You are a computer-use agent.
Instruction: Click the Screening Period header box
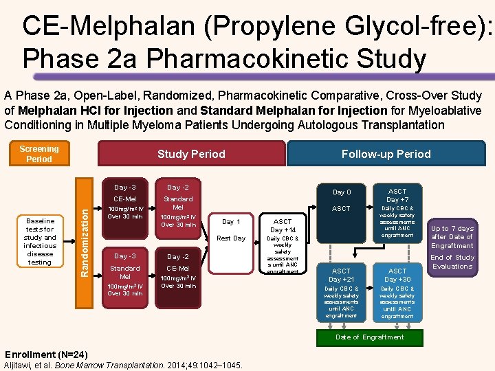click(x=39, y=154)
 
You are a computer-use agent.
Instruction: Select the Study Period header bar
click(x=191, y=154)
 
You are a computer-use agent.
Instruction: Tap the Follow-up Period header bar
click(x=386, y=154)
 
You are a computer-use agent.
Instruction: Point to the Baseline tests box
click(x=40, y=242)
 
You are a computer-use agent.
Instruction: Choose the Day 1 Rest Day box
click(x=231, y=230)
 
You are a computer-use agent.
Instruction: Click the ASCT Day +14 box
click(x=283, y=245)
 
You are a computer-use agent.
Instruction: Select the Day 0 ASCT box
click(x=341, y=201)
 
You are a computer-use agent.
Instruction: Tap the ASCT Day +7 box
click(x=397, y=214)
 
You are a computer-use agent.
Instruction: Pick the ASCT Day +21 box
click(x=341, y=292)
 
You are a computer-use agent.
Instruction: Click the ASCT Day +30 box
click(x=397, y=292)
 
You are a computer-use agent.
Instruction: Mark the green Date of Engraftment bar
click(x=369, y=337)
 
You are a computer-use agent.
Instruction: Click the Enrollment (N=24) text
click(x=46, y=355)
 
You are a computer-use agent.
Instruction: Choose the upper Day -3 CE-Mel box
click(x=125, y=203)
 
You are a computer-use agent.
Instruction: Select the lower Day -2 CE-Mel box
click(x=178, y=273)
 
